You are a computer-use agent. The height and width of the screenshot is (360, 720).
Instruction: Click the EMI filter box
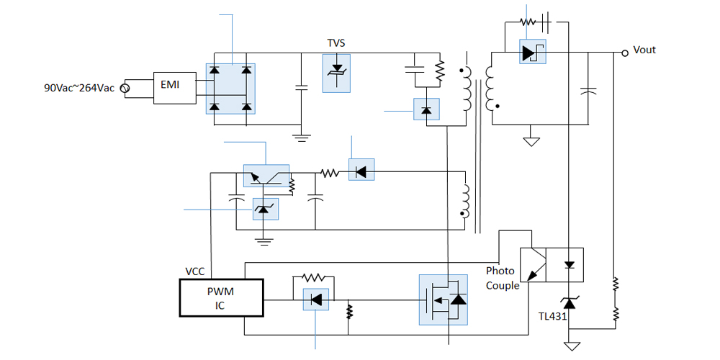tap(174, 88)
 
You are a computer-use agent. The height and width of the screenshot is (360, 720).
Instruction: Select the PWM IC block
tap(222, 298)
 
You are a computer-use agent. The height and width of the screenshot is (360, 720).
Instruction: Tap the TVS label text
tap(336, 43)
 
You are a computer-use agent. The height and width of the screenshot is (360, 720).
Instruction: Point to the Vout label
tap(644, 50)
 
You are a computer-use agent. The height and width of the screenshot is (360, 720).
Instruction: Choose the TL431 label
tap(552, 316)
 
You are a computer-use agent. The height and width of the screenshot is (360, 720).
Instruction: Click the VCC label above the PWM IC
tap(196, 272)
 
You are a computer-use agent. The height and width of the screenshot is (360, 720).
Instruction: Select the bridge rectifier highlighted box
tap(231, 89)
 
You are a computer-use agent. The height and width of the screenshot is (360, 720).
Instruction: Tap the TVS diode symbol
tap(336, 73)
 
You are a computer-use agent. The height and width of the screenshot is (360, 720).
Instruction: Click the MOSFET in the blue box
tap(442, 299)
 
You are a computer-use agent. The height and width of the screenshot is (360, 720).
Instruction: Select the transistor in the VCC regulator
tap(266, 176)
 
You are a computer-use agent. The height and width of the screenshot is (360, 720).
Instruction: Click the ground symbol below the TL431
tap(572, 346)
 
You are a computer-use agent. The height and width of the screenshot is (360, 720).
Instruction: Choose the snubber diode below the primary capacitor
tap(426, 110)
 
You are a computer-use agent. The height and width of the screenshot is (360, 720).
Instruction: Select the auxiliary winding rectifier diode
tap(361, 171)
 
